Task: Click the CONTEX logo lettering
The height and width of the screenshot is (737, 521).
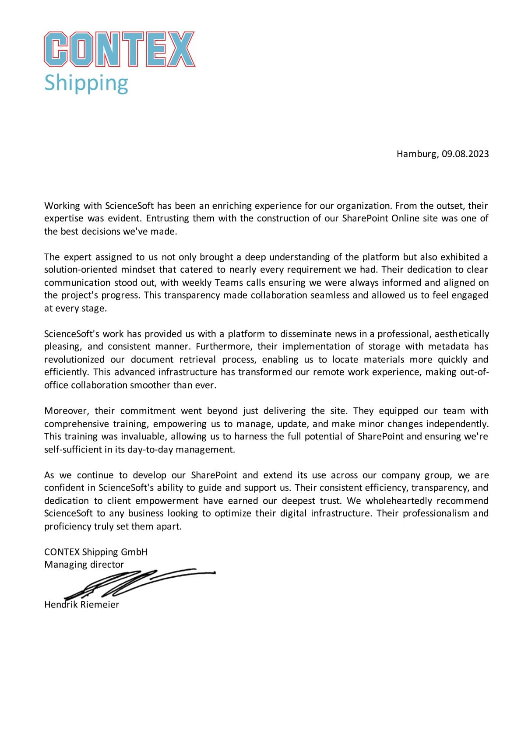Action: pos(120,49)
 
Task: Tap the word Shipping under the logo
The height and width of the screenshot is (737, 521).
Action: pos(86,83)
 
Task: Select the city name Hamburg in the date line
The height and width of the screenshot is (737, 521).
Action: pos(416,154)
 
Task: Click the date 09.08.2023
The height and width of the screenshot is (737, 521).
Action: pos(465,154)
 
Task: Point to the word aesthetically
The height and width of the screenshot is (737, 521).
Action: pos(461,334)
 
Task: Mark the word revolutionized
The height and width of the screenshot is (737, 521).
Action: pos(74,360)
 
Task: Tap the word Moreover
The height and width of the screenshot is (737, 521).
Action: pos(67,411)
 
